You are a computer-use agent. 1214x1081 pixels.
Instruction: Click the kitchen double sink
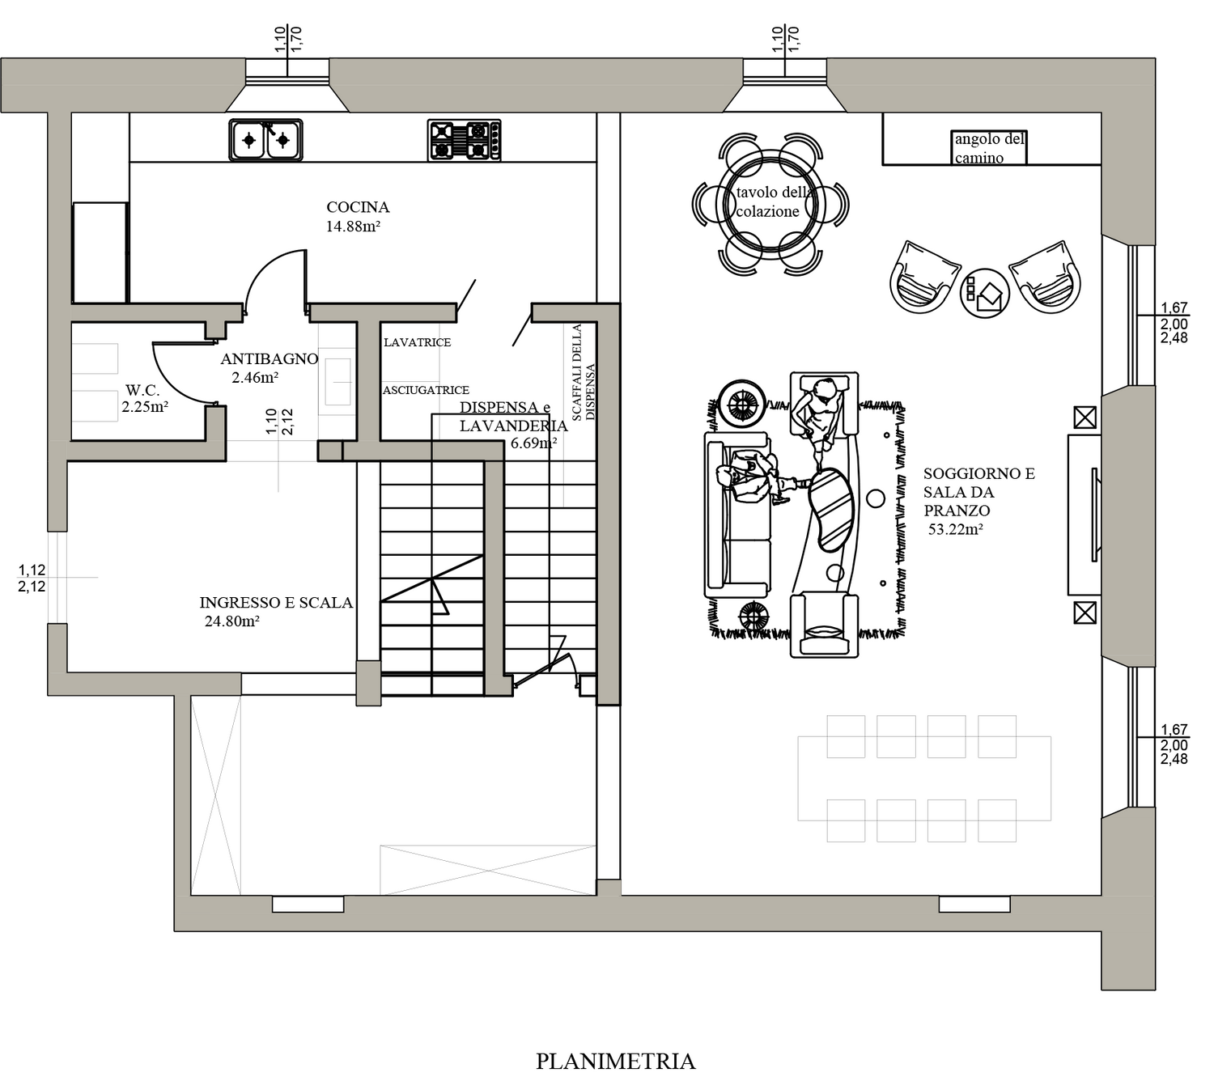(x=265, y=140)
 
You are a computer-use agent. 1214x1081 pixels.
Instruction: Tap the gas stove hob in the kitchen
(x=465, y=140)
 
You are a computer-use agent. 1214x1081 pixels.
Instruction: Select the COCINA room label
(x=358, y=207)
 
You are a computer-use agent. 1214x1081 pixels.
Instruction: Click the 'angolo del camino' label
(x=989, y=148)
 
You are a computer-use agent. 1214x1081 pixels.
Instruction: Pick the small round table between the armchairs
(x=985, y=292)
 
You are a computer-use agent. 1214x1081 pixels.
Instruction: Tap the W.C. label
(x=142, y=390)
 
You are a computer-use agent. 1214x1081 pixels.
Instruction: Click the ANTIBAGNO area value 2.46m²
(x=255, y=378)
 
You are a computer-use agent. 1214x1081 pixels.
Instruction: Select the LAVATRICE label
(x=417, y=342)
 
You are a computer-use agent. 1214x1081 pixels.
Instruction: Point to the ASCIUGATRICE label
(x=426, y=390)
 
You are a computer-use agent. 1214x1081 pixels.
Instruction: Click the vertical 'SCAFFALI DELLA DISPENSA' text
(x=583, y=373)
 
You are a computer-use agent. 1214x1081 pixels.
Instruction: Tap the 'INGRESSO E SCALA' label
(x=276, y=603)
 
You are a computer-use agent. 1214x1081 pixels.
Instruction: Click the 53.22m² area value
(x=956, y=529)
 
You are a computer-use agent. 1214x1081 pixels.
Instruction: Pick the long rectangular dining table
(x=924, y=778)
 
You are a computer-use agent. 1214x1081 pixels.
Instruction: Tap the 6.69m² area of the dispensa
(x=534, y=444)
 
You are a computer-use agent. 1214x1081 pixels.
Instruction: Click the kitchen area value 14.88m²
(x=354, y=227)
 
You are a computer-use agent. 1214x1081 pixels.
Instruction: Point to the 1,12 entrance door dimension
(x=32, y=570)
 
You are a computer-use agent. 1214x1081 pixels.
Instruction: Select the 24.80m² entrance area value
(x=232, y=621)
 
